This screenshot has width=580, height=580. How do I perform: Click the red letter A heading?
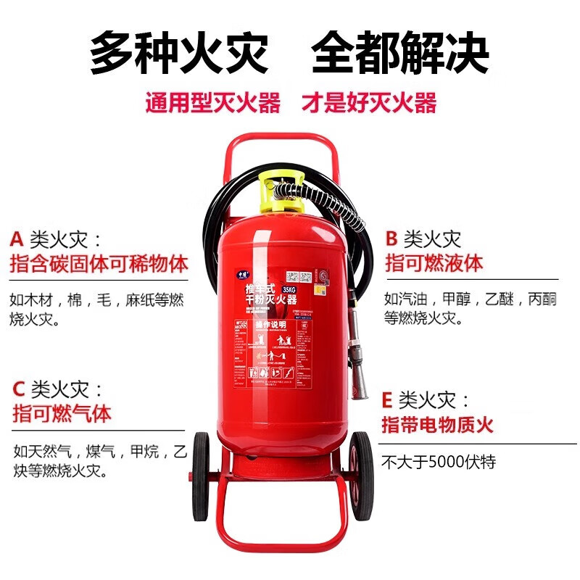pos(17,239)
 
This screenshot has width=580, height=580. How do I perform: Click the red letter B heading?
pos(392,239)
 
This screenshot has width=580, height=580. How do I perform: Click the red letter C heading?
pos(19,389)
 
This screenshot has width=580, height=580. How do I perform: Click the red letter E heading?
pos(387,400)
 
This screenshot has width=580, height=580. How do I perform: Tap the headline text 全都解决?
pos(400,52)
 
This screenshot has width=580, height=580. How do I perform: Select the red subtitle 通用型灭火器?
pos(212,103)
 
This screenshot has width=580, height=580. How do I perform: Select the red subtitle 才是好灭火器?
pos(369,103)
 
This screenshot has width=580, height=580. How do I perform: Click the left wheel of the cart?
pos(200,476)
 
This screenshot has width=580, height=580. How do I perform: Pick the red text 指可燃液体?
pos(434,262)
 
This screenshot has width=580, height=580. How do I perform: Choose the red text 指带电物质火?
pos(437,424)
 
